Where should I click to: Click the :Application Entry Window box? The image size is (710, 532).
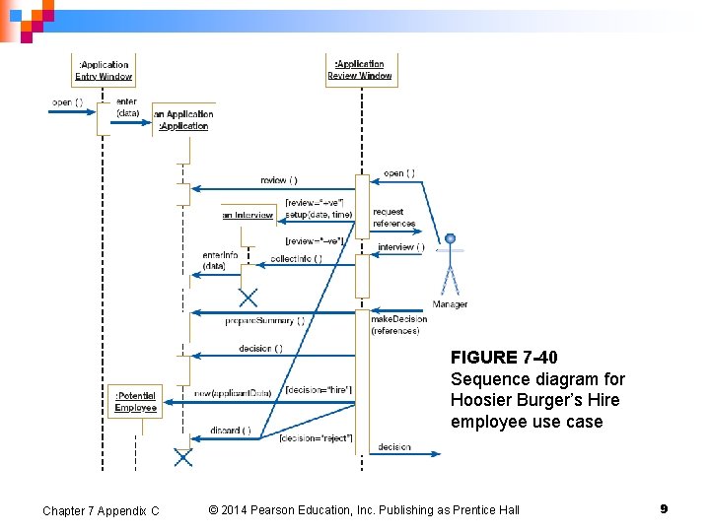tap(104, 70)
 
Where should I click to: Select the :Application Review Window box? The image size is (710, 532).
tap(360, 70)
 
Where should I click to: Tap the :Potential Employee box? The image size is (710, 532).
tap(135, 401)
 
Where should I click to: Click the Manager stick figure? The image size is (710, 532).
tap(451, 264)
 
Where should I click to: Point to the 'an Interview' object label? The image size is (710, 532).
tap(248, 214)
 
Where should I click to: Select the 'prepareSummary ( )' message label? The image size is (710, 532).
tap(264, 320)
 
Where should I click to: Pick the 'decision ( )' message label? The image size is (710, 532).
tap(260, 348)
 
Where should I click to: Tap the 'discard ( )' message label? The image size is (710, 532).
tap(231, 430)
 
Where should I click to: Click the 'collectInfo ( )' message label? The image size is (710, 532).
tap(296, 258)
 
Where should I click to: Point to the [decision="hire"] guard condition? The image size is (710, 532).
tap(319, 390)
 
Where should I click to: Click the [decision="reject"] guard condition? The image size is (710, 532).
tap(316, 437)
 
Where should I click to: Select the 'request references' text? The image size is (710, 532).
tap(393, 218)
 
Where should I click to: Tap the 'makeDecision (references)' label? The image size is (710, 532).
tap(398, 324)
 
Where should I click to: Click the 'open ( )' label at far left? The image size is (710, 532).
tap(67, 102)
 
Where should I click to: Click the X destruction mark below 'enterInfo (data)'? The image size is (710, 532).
tap(248, 297)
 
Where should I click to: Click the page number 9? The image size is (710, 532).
tap(664, 508)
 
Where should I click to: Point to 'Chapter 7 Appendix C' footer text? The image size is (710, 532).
tap(101, 510)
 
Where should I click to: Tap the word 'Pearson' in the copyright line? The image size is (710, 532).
tap(282, 509)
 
